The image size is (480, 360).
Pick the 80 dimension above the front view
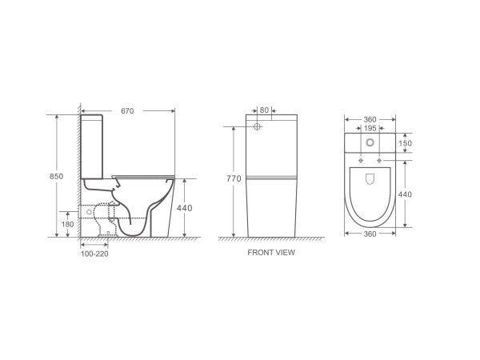[x=265, y=111]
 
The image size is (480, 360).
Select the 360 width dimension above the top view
[x=369, y=118]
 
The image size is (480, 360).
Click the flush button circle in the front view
[x=258, y=127]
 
